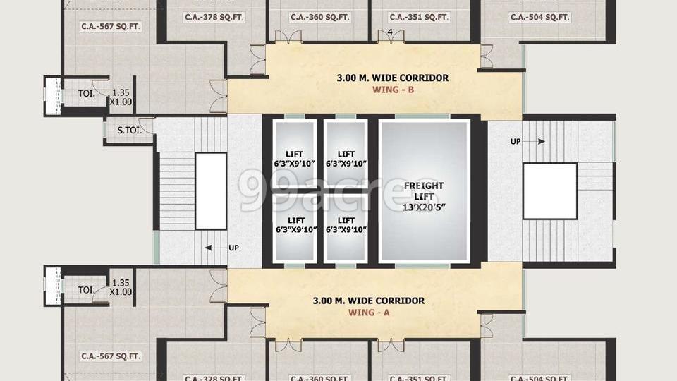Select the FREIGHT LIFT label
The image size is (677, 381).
424,191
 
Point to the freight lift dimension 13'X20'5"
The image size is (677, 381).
424,207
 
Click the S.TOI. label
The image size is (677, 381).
129,131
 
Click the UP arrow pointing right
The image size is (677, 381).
527,142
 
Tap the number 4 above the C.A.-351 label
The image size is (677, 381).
390,32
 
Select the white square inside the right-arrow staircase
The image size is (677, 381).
549,191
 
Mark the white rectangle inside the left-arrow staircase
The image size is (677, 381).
211,190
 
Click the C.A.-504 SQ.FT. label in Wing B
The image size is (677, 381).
539,17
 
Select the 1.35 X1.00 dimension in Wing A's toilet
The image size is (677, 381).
121,287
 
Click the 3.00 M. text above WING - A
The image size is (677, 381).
329,301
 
